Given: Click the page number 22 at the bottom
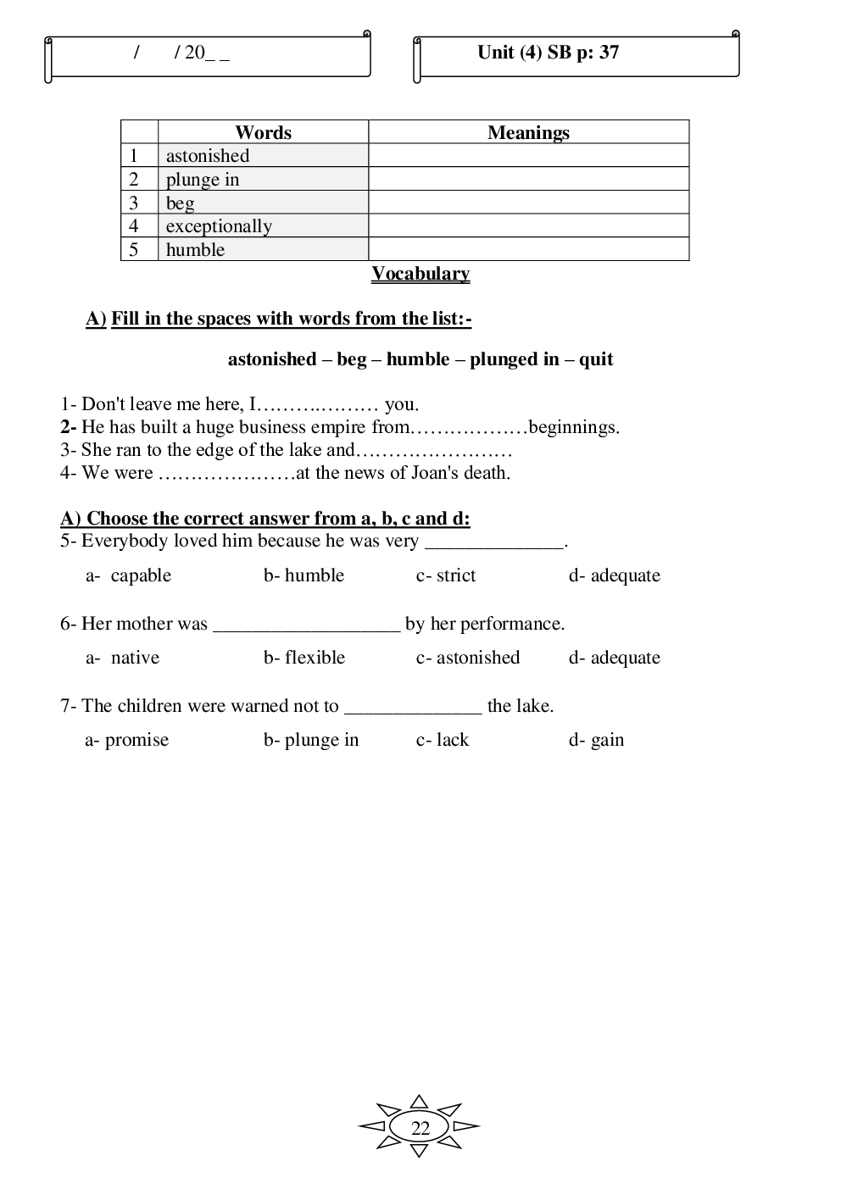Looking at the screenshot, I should tap(420, 1128).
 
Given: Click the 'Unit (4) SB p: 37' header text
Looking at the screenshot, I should tap(548, 53).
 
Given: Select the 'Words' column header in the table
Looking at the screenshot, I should tap(263, 132).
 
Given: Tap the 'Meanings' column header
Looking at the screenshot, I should tap(528, 132).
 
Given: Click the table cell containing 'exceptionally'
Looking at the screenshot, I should tap(263, 226).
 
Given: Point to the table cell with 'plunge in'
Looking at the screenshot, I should tap(263, 180).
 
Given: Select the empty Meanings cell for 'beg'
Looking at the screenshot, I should tap(528, 203).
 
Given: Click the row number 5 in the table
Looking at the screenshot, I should tap(134, 249).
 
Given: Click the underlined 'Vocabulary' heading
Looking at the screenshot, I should tap(420, 274).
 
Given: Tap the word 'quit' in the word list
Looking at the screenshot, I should tap(596, 359).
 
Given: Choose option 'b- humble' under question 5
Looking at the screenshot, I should tap(304, 575).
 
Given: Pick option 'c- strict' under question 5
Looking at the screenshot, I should tap(446, 575).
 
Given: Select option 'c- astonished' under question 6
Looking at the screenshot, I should tap(468, 658).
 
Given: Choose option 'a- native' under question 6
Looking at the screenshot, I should tap(123, 658).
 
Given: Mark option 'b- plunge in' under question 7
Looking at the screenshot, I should tap(311, 740).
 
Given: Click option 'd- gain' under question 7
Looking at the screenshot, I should tap(596, 740).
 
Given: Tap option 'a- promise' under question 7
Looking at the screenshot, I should tap(127, 740).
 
